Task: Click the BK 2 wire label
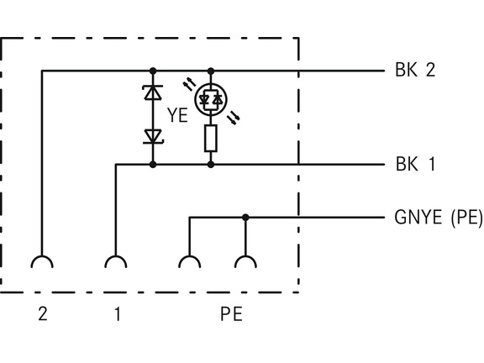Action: pyautogui.click(x=415, y=70)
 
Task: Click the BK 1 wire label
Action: pyautogui.click(x=415, y=164)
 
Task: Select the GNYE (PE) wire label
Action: pyautogui.click(x=439, y=218)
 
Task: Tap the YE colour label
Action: pyautogui.click(x=177, y=115)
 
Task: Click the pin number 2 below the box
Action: pyautogui.click(x=43, y=314)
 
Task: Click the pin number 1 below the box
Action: pyautogui.click(x=118, y=314)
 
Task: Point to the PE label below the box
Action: pyautogui.click(x=231, y=314)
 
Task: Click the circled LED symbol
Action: pyautogui.click(x=211, y=99)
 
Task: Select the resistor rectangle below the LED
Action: pyautogui.click(x=211, y=139)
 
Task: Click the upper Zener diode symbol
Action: pyautogui.click(x=153, y=92)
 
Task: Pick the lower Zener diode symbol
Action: pyautogui.click(x=153, y=137)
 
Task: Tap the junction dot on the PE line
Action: pyautogui.click(x=245, y=218)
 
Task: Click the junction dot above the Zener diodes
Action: pyautogui.click(x=153, y=71)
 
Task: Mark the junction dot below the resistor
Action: pyautogui.click(x=211, y=165)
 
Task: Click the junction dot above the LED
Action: pyautogui.click(x=211, y=71)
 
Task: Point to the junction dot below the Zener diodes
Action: pyautogui.click(x=153, y=165)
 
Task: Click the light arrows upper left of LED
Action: pyautogui.click(x=190, y=84)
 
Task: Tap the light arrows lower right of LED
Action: pyautogui.click(x=234, y=118)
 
